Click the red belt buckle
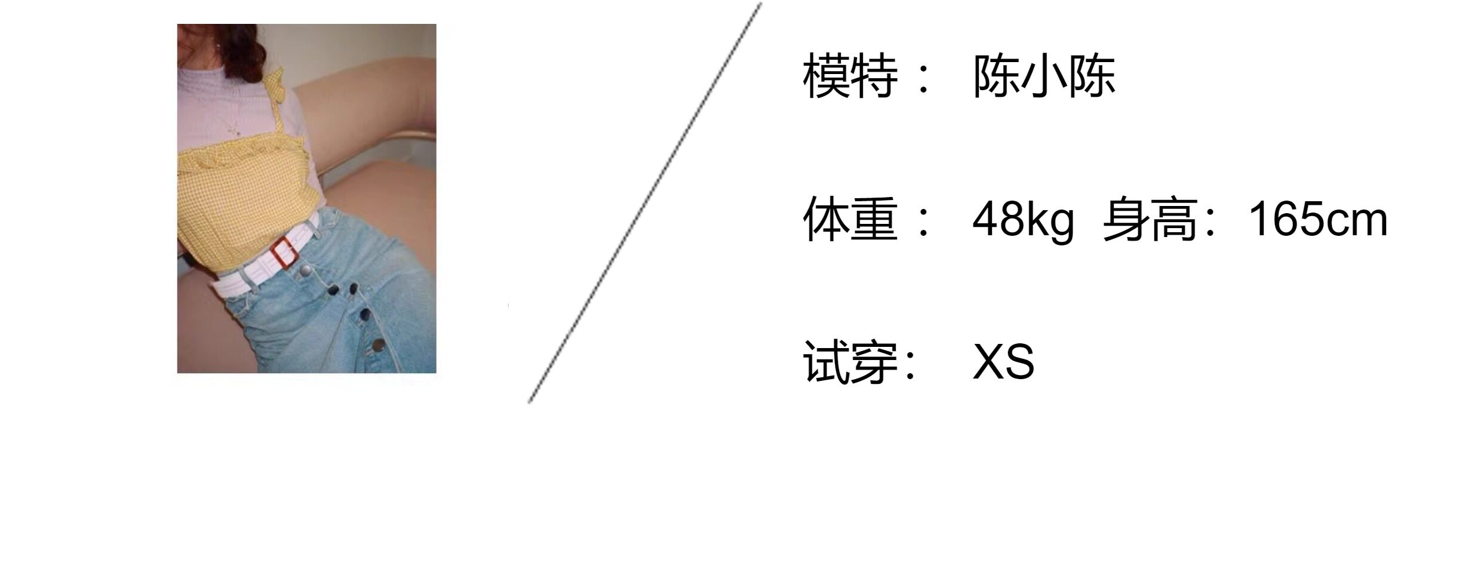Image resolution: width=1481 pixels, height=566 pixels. [284, 253]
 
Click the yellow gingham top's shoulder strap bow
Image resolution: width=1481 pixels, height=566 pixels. [275, 80]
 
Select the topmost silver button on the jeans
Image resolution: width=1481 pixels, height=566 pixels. [305, 272]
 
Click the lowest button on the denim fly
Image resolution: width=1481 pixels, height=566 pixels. [379, 344]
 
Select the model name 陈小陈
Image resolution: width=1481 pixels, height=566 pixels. [1044, 76]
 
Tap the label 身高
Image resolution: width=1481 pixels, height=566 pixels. [1150, 219]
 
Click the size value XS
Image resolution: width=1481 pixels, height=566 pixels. [1003, 362]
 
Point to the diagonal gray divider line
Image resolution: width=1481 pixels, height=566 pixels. [645, 203]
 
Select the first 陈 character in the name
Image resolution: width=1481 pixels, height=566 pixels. [997, 76]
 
